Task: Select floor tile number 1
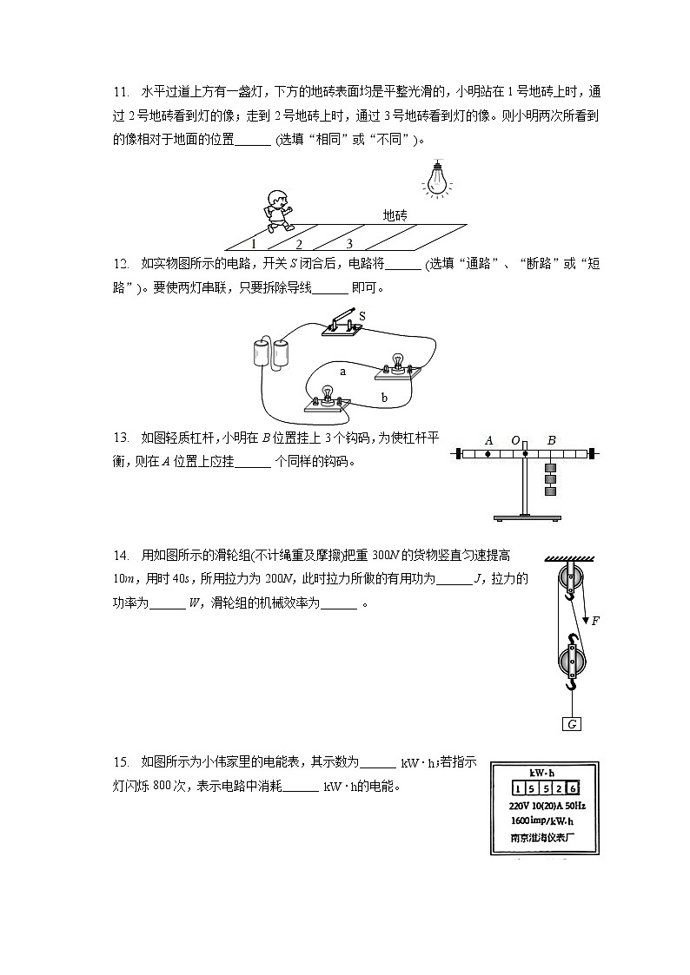[x=253, y=244]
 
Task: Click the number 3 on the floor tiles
[x=349, y=244]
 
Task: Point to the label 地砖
[x=395, y=215]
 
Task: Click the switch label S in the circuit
[x=362, y=317]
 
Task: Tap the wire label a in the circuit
[x=342, y=371]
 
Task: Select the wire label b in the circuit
[x=383, y=398]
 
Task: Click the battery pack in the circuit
[x=269, y=354]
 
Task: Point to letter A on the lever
[x=489, y=440]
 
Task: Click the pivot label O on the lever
[x=515, y=440]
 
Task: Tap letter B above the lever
[x=551, y=440]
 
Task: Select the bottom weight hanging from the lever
[x=550, y=491]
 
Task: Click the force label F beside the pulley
[x=595, y=620]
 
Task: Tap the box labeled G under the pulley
[x=572, y=724]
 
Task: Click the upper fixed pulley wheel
[x=569, y=576]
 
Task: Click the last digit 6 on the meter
[x=572, y=788]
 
